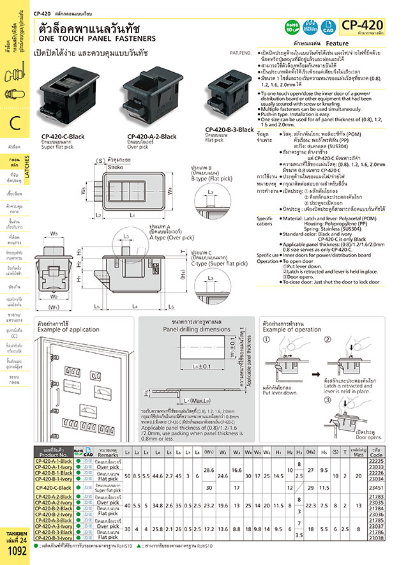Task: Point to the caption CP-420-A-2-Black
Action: (x=152, y=137)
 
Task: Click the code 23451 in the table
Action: (x=394, y=487)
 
